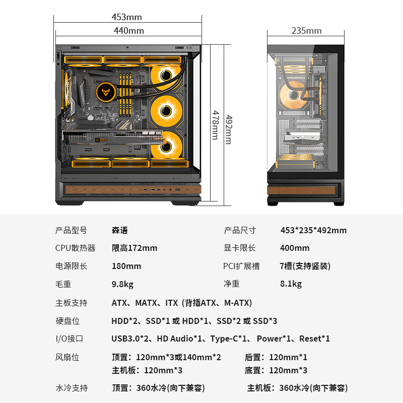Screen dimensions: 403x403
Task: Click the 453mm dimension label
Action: (127, 17)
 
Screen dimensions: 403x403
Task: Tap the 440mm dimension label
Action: (129, 31)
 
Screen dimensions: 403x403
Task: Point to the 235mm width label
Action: (306, 31)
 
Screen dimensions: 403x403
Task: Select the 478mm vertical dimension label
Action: (216, 125)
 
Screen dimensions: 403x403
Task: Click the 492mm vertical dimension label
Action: (229, 129)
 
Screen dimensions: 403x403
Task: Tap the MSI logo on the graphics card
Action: (102, 140)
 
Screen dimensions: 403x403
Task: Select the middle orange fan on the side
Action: (166, 111)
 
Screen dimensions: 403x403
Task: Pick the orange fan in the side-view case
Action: (293, 95)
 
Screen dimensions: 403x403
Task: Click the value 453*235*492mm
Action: (313, 230)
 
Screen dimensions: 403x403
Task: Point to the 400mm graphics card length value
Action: (295, 248)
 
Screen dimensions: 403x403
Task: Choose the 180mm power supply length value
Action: (126, 266)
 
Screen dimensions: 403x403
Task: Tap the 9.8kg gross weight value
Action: (122, 284)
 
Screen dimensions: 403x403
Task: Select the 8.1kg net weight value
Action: (291, 284)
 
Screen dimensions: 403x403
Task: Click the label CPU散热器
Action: (75, 248)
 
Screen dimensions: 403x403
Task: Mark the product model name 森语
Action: (120, 230)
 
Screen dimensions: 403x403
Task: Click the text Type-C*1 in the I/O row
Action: (228, 339)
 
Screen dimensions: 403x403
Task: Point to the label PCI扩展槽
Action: (241, 266)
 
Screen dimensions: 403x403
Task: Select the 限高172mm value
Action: (135, 248)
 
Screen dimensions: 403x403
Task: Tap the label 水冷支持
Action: (72, 388)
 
